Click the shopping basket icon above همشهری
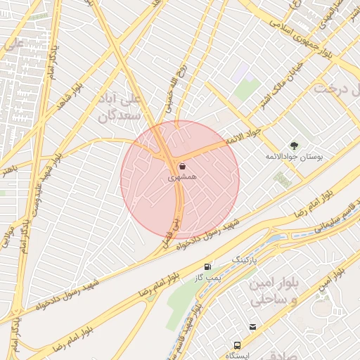click(x=182, y=167)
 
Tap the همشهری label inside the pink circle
click(x=183, y=179)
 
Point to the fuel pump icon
click(x=207, y=267)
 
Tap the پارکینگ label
click(x=245, y=260)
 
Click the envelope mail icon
click(x=252, y=327)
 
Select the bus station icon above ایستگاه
click(x=238, y=345)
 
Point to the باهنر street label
click(x=7, y=168)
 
